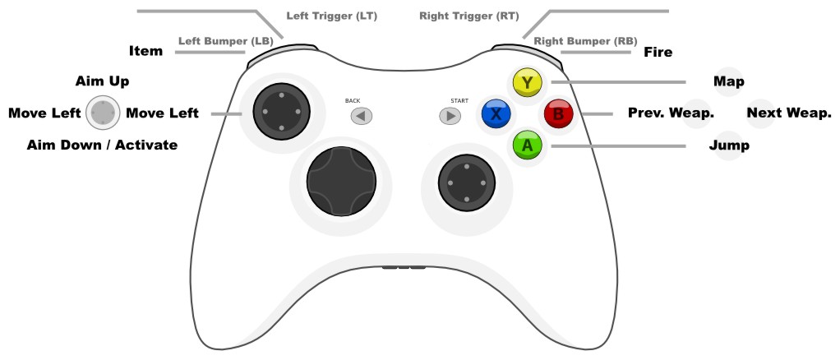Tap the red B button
558,114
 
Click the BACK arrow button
362,116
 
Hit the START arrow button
450,116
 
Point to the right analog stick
466,182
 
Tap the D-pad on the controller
341,183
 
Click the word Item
145,52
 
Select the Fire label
658,53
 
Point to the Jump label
728,145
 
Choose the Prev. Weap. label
671,113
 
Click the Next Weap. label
789,113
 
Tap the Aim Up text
102,82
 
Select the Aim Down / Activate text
102,145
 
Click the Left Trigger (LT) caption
331,16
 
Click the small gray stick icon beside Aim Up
103,113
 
